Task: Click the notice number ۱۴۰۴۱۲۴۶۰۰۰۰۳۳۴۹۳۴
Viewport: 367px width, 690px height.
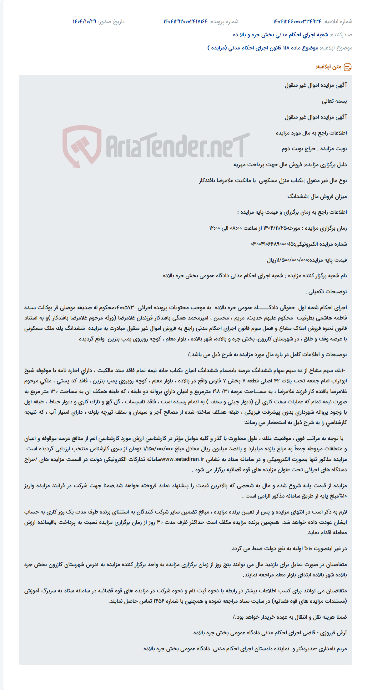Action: tap(297, 22)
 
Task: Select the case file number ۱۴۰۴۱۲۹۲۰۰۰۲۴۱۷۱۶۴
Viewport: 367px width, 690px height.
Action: tap(185, 22)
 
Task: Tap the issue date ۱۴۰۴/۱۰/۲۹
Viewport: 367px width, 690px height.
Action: tap(84, 22)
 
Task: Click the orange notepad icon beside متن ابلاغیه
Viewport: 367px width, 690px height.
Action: tap(348, 67)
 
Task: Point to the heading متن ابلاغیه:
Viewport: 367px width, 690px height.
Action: tap(328, 67)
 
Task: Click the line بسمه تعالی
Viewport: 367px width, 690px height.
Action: tap(334, 101)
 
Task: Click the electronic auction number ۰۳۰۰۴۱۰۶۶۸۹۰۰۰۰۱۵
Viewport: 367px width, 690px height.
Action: tap(272, 244)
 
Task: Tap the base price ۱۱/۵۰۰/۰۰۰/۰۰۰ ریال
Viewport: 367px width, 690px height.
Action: tap(288, 260)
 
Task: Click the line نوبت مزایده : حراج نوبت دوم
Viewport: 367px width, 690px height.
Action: tap(314, 149)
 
